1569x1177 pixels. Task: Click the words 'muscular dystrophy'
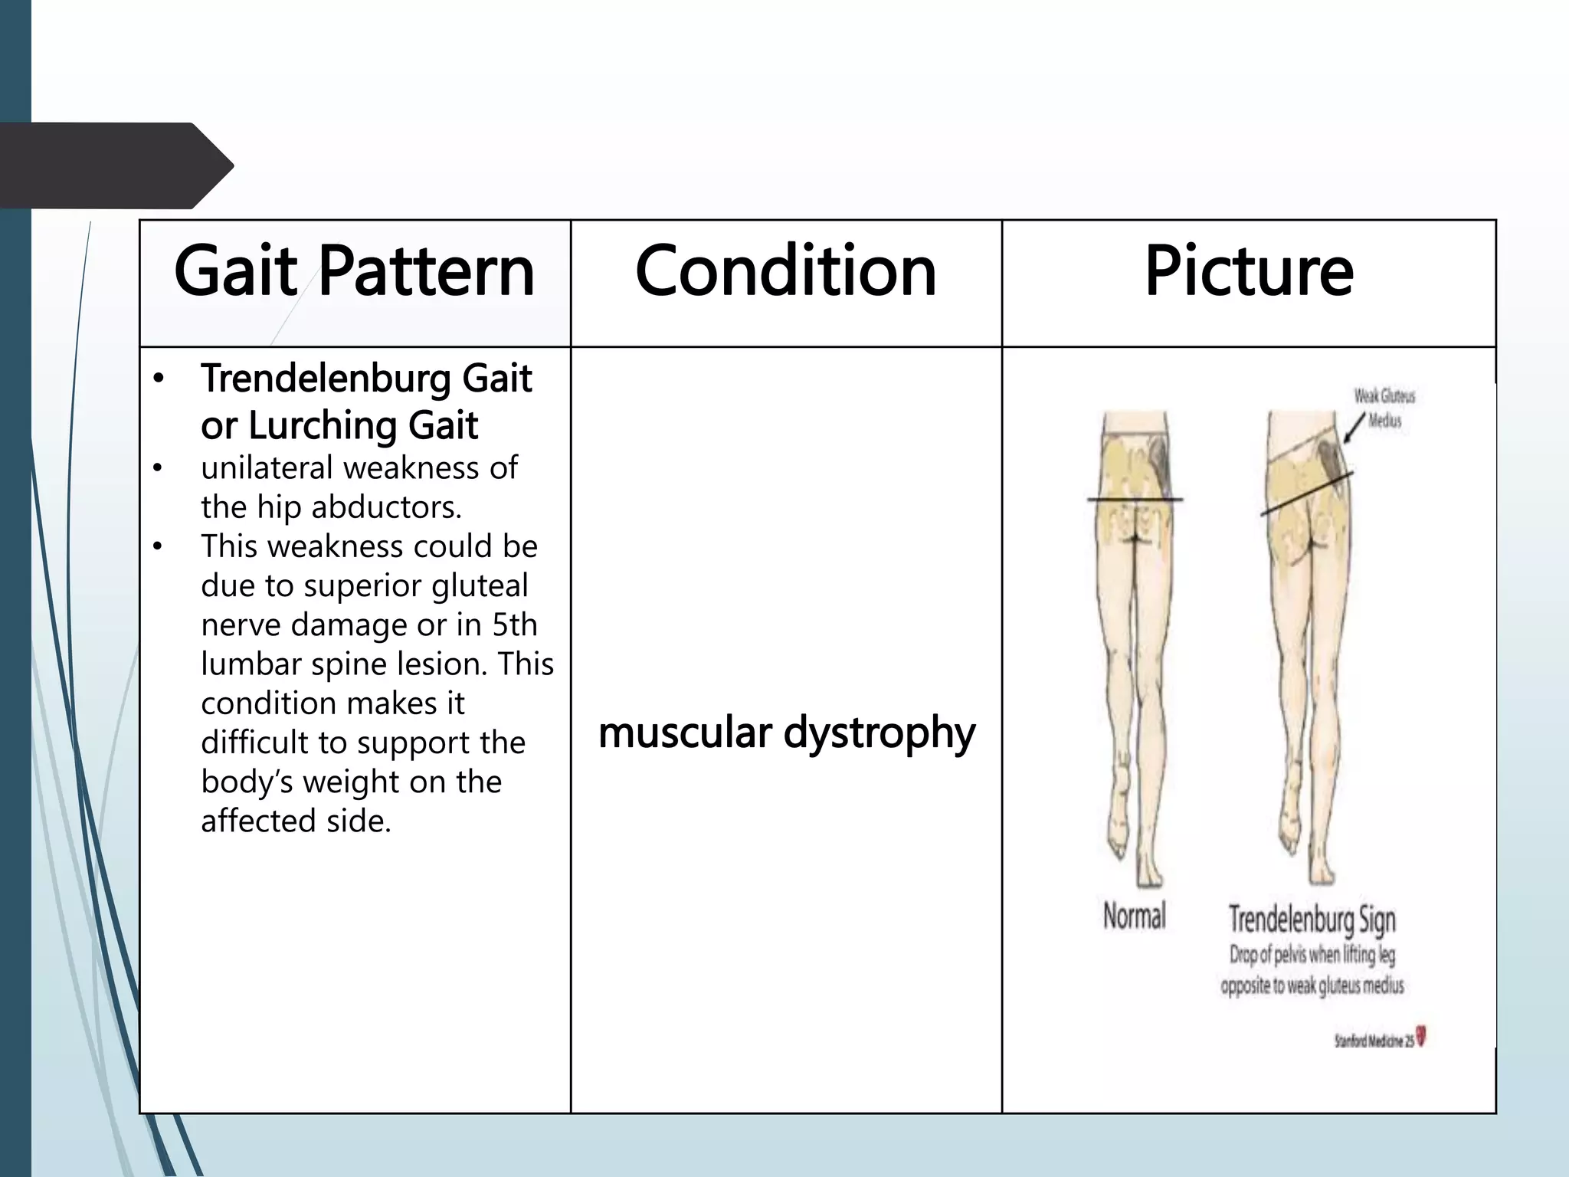(787, 733)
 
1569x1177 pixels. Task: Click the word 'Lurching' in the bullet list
(323, 425)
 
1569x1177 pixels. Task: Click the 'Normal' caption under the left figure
(1134, 916)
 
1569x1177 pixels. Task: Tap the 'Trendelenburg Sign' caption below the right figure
(1312, 920)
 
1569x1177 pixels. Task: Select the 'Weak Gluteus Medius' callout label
(1384, 408)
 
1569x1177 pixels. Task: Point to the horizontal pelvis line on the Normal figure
(1135, 500)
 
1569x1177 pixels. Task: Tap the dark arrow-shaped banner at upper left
(115, 166)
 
